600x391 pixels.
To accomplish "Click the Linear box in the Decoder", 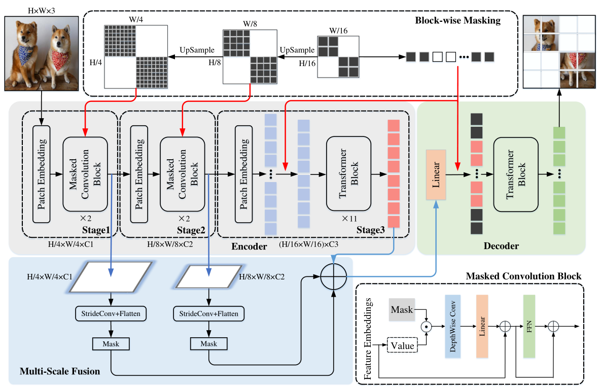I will coord(436,173).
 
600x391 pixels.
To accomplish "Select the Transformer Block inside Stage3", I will coord(349,173).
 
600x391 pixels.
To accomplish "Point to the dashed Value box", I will coord(401,345).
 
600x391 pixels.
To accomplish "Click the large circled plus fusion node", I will coord(333,277).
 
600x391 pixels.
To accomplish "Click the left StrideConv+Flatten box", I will coord(111,313).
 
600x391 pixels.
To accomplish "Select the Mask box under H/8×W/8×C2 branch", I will coord(208,343).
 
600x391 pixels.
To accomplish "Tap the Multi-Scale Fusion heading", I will coord(59,371).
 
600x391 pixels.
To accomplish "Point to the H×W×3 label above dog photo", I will coord(41,10).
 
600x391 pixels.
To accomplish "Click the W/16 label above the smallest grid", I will coord(338,30).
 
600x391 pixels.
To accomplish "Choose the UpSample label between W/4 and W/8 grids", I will coord(197,50).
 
